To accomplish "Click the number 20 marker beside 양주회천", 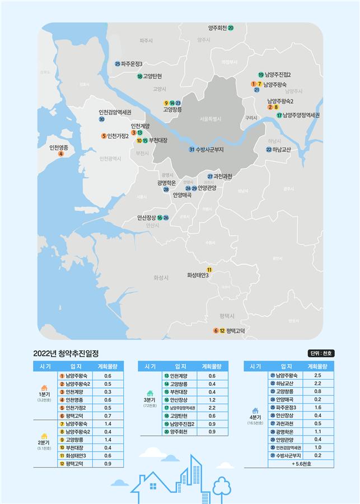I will (x=231, y=27).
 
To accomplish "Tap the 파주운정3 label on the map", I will (x=132, y=64).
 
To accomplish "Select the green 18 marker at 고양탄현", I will (x=139, y=76).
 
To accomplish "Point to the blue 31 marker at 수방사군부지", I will (x=191, y=150).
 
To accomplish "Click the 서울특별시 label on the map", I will (x=211, y=119).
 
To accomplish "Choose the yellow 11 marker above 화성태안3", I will (x=209, y=269).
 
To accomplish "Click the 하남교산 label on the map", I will (x=282, y=150).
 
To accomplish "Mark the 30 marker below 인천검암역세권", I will (x=101, y=119).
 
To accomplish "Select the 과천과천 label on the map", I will (x=223, y=176).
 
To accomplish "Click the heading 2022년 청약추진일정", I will (x=66, y=353).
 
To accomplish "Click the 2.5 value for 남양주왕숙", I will (x=317, y=375).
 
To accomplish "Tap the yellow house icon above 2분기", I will (x=44, y=436).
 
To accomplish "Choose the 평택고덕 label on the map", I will (x=236, y=331).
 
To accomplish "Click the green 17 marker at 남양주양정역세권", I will (x=279, y=115).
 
